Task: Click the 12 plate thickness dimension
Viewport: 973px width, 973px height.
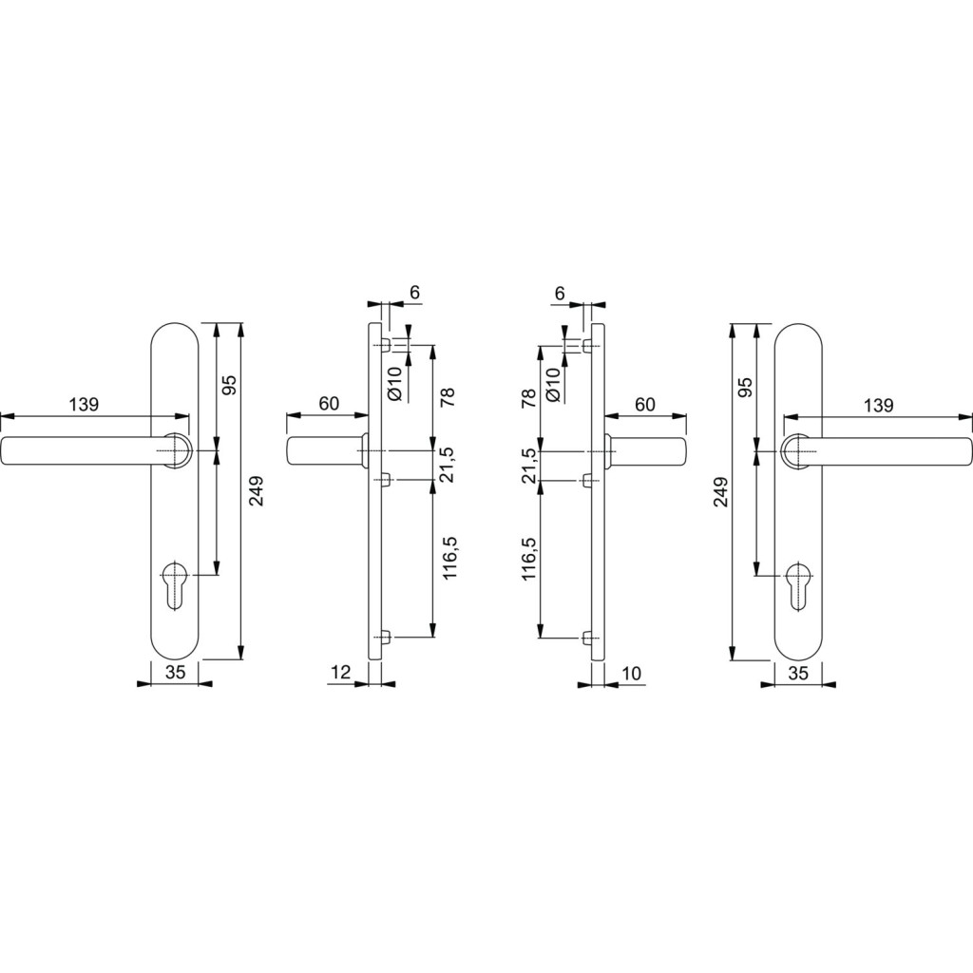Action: pos(342,672)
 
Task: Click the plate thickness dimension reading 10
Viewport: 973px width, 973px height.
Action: pos(631,673)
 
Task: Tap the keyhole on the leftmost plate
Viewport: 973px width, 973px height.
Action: pos(176,584)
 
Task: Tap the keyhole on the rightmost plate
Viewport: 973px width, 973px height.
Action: pos(797,584)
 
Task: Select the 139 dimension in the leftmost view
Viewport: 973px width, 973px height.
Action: pos(84,405)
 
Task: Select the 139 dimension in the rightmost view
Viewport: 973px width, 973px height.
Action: pos(878,405)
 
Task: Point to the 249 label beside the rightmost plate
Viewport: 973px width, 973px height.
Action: pos(720,491)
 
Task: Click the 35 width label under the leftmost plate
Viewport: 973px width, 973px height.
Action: pos(176,673)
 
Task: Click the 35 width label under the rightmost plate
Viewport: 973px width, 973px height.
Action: pos(798,673)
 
